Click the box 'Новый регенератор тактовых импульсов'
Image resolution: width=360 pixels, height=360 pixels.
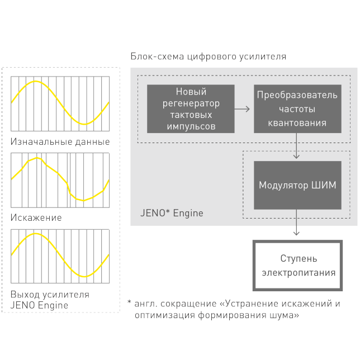coord(191,108)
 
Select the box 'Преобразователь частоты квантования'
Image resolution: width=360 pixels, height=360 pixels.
coord(297,108)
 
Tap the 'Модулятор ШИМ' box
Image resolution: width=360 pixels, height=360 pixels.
coord(297,185)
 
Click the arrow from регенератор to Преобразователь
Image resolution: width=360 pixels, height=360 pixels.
coord(243,108)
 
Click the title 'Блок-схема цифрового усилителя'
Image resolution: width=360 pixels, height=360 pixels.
coord(208,56)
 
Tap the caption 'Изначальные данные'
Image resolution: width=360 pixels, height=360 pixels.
coord(60,141)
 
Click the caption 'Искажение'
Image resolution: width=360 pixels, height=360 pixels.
coord(36,217)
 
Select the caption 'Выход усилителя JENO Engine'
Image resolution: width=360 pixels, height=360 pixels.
coord(50,300)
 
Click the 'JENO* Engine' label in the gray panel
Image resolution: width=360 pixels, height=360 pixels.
coord(171,214)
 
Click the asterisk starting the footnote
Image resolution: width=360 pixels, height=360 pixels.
coord(129,304)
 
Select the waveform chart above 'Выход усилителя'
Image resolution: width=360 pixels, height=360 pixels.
coord(60,255)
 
